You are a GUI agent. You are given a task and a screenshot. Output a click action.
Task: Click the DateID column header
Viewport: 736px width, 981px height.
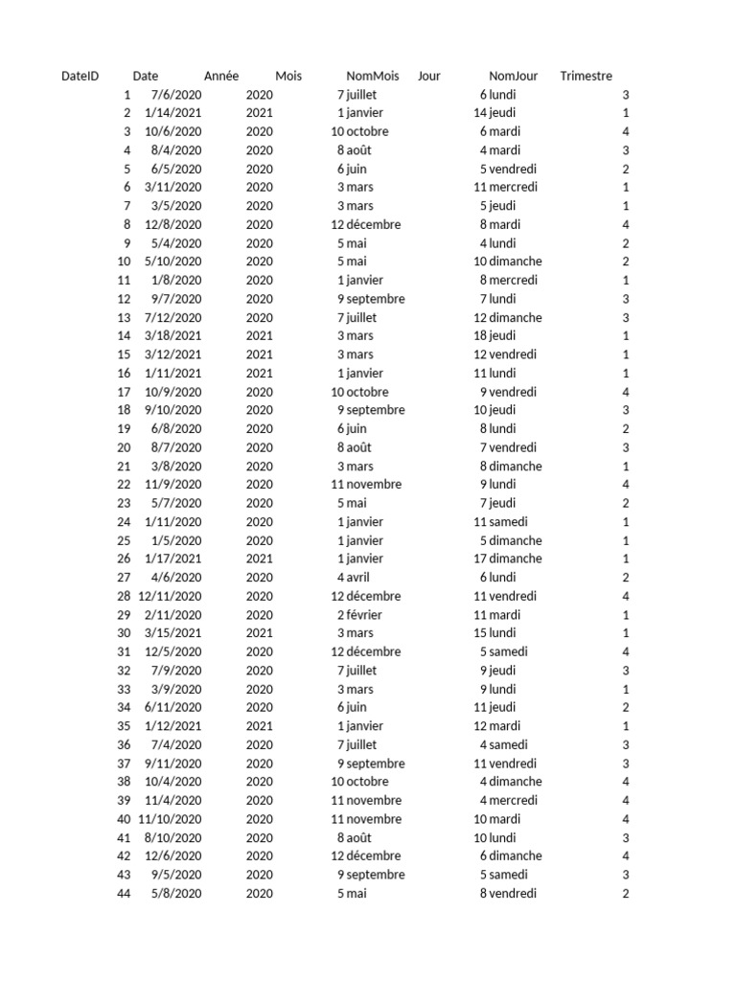80,76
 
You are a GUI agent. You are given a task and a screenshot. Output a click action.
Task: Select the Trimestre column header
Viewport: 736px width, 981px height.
586,76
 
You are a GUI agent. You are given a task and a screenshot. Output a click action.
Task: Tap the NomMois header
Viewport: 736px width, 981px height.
372,76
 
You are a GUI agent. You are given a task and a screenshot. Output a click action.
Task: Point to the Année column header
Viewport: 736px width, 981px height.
221,76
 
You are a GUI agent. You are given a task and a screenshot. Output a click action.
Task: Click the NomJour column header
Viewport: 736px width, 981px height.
514,76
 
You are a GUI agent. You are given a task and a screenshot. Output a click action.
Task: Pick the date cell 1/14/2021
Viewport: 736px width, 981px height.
172,113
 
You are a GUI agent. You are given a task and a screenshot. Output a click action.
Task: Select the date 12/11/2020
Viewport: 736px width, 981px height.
170,596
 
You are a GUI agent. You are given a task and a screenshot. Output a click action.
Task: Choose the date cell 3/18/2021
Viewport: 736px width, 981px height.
172,336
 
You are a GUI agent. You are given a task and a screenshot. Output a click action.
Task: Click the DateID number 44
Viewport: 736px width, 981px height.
124,894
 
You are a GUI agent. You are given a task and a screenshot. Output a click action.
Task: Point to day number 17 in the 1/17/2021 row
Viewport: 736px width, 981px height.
480,559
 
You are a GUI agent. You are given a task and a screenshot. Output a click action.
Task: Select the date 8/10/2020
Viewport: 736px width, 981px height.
172,837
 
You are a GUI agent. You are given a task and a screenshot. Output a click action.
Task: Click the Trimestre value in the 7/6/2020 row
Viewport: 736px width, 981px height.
626,95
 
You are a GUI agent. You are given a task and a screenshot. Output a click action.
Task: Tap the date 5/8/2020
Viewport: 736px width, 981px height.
176,894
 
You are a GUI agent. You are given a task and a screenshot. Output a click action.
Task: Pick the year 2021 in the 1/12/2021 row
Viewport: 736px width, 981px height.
259,726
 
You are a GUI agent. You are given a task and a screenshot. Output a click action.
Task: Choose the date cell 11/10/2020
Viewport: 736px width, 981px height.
170,819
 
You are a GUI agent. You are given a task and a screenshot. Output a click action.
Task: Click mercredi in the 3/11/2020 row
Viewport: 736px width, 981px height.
514,188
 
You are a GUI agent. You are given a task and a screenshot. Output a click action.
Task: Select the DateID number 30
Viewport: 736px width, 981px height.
124,633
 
